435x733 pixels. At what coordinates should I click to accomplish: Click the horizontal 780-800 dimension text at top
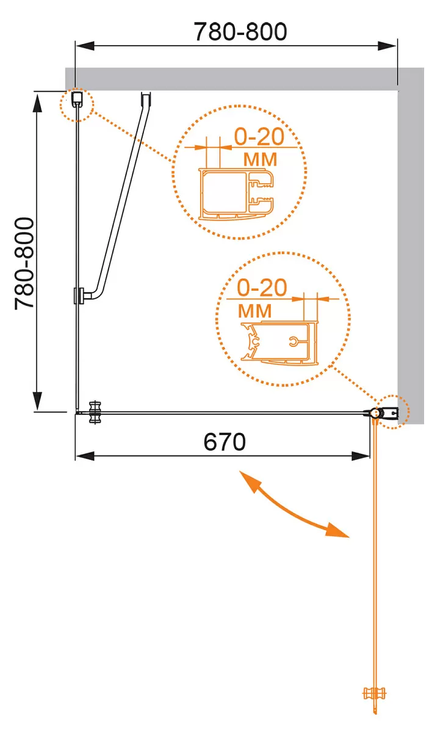[240, 32]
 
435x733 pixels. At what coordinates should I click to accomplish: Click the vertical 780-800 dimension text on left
[24, 263]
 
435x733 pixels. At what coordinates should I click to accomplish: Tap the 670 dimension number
[225, 442]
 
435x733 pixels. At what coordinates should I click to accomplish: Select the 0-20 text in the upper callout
[259, 136]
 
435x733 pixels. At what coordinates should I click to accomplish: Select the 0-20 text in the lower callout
[262, 288]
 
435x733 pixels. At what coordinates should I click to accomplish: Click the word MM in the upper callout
[260, 159]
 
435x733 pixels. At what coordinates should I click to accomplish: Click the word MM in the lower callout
[255, 311]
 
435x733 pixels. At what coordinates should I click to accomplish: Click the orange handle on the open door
[375, 693]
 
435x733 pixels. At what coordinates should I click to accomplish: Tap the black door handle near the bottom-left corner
[95, 413]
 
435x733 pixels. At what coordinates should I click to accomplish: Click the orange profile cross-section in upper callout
[236, 194]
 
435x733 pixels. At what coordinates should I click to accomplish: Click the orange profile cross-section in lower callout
[279, 343]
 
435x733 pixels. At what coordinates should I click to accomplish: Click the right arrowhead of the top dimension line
[387, 46]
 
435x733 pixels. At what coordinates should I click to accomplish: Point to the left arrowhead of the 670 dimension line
[85, 456]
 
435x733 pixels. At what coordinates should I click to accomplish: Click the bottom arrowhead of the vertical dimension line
[38, 401]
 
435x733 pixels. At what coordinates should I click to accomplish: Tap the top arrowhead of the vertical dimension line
[38, 103]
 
